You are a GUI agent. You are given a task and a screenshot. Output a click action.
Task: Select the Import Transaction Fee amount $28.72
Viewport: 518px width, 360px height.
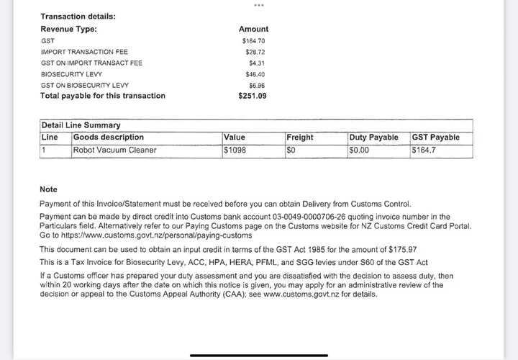click(x=255, y=53)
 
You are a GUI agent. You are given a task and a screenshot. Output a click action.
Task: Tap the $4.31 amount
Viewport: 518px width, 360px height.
click(x=256, y=63)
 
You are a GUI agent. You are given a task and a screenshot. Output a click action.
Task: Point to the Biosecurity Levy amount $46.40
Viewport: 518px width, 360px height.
click(x=255, y=74)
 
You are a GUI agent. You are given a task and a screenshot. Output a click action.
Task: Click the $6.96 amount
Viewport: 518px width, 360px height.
click(x=256, y=85)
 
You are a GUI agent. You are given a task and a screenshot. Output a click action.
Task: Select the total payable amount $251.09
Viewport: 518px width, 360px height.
click(x=253, y=96)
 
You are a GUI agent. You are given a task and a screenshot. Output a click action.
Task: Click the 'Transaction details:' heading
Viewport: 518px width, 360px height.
click(x=78, y=17)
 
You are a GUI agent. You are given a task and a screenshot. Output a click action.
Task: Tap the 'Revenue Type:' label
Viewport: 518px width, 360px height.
click(x=68, y=30)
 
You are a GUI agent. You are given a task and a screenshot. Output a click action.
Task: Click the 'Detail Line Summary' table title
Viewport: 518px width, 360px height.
click(x=81, y=125)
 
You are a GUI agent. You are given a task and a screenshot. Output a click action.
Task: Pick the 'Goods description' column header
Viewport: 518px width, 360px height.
click(x=109, y=138)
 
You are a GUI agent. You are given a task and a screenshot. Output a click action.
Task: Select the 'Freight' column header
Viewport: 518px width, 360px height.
click(x=300, y=138)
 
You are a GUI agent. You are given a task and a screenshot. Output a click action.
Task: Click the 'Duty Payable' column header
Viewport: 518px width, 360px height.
click(x=373, y=138)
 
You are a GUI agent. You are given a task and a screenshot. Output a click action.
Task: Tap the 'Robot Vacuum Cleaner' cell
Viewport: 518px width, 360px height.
click(x=114, y=150)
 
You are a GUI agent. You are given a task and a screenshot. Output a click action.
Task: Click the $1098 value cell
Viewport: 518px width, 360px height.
click(x=235, y=150)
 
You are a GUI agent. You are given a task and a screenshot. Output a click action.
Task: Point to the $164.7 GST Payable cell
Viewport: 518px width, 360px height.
click(x=425, y=150)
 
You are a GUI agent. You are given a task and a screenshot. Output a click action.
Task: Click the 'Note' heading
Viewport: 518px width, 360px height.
click(x=48, y=189)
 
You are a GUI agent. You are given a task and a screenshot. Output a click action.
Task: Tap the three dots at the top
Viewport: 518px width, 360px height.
click(x=259, y=5)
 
